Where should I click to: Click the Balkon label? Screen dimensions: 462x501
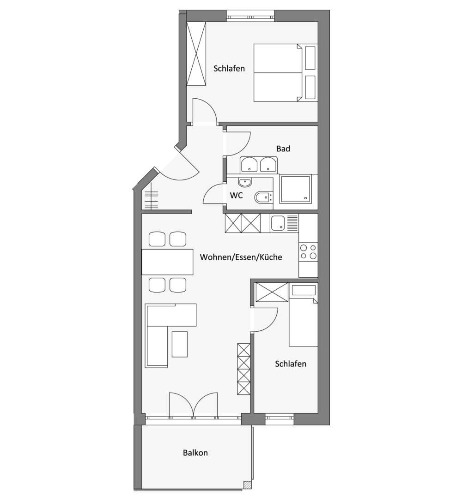pos(195,453)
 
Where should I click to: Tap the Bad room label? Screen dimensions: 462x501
pos(283,149)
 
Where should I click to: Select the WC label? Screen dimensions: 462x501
pos(237,195)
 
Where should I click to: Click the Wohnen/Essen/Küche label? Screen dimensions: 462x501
pos(241,257)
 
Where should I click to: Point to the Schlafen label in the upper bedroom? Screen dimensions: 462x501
pos(229,68)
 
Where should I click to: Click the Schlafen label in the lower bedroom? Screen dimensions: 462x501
pos(291,364)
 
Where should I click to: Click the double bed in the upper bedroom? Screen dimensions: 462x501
pos(286,73)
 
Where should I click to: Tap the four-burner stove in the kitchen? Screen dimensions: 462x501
pos(308,252)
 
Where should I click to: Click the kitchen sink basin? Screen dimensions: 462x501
pos(277,223)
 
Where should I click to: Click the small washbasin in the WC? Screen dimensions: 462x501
pos(245,182)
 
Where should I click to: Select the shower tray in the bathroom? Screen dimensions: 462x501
pos(295,189)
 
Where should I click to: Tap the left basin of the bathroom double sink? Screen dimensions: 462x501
pos(249,165)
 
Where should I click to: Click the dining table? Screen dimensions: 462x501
pos(168,262)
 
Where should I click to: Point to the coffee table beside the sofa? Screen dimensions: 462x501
pos(180,344)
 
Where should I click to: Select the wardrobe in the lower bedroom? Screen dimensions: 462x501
pos(271,292)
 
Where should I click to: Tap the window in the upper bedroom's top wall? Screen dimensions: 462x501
pos(250,16)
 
